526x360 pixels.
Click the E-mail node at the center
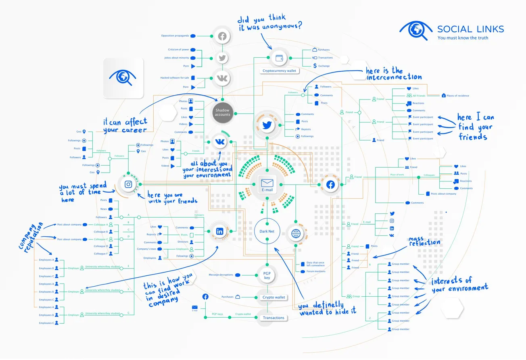(x=267, y=184)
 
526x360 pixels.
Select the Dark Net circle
(x=267, y=231)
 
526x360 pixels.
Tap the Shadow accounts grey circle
(x=222, y=112)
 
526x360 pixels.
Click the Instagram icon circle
(x=128, y=184)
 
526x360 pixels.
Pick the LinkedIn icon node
(x=220, y=231)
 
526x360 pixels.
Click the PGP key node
(x=267, y=276)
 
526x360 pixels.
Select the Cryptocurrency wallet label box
(x=279, y=71)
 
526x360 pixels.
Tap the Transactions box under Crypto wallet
(x=273, y=318)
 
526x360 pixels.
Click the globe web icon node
(x=296, y=233)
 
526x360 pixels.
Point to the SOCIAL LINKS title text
(x=470, y=29)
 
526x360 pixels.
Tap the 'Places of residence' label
(x=458, y=96)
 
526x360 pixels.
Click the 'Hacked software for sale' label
(x=175, y=78)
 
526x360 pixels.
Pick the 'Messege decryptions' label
(x=221, y=275)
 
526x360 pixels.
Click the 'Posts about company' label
(x=443, y=194)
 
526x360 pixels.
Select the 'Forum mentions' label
(x=316, y=271)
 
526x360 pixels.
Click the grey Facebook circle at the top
(x=221, y=37)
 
